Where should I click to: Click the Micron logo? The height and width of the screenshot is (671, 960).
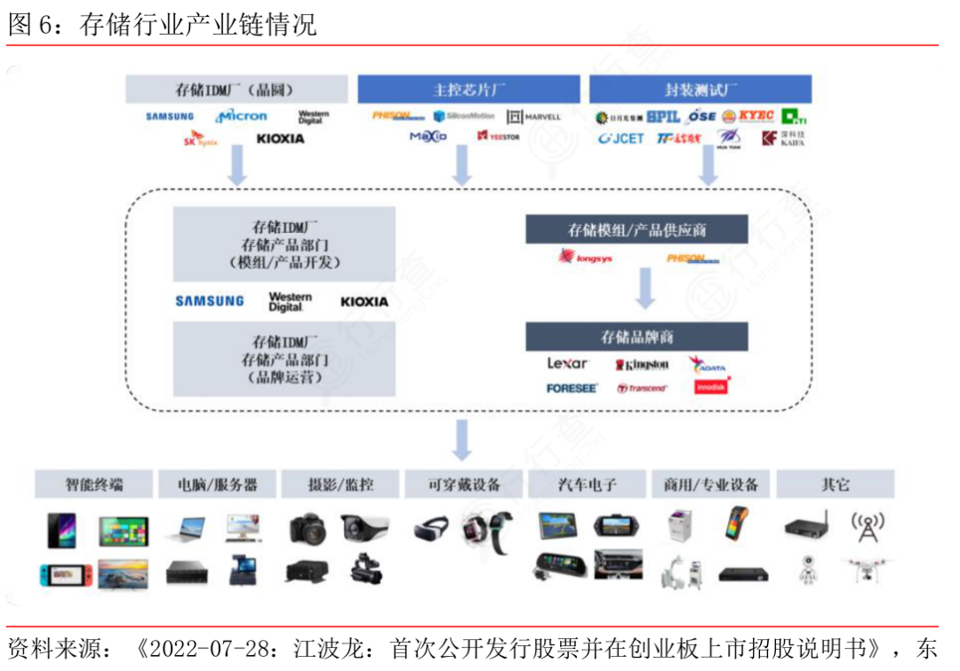click(241, 116)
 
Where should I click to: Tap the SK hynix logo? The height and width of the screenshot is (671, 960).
click(201, 140)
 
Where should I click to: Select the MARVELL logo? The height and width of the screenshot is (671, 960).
click(534, 116)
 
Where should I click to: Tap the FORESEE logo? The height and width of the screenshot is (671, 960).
click(572, 388)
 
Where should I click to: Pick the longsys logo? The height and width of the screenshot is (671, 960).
click(585, 259)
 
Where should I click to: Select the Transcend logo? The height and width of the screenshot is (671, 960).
click(642, 388)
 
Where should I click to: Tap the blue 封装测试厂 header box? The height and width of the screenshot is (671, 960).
click(700, 90)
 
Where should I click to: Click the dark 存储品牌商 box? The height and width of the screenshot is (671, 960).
click(636, 337)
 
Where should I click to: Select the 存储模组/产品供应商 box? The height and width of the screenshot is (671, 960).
click(636, 230)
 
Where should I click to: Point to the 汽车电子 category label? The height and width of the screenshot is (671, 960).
click(585, 484)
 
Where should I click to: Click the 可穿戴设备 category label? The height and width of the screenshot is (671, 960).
click(463, 484)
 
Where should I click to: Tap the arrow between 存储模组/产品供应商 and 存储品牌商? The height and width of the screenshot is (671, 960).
click(646, 288)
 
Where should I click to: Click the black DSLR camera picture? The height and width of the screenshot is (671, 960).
click(308, 529)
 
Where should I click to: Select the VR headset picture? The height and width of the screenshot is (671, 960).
click(432, 530)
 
